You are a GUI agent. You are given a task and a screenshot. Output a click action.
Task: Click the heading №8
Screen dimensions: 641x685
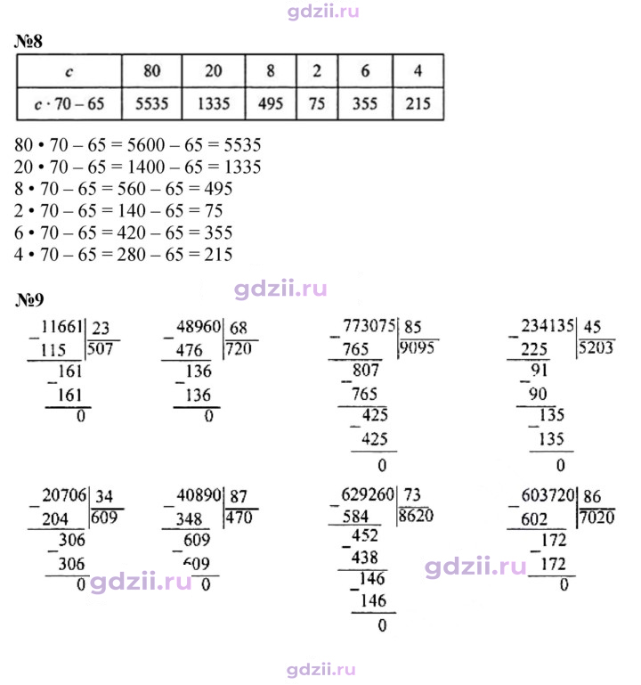(x=28, y=42)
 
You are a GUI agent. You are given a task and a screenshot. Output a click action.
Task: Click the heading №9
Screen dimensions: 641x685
(x=29, y=299)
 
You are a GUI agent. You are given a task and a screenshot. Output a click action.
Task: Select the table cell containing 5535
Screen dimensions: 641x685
(x=151, y=104)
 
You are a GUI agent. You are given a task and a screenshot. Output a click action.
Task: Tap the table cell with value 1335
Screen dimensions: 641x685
(x=214, y=104)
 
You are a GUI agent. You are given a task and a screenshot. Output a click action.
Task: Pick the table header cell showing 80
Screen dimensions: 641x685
(x=151, y=70)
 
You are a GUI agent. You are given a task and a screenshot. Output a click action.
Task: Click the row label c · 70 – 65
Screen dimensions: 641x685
(x=69, y=104)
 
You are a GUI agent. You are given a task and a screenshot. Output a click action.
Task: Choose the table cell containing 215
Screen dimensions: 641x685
(x=418, y=104)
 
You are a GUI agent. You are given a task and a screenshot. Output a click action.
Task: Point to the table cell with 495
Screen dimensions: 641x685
(x=271, y=104)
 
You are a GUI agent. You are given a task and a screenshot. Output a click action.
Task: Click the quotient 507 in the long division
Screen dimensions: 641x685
(x=100, y=349)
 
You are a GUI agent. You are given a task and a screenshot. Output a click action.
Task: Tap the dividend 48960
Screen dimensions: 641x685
(x=199, y=327)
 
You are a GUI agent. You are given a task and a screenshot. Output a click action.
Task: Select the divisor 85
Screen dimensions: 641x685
(x=412, y=327)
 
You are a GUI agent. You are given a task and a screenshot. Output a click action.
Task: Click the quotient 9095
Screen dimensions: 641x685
(x=418, y=347)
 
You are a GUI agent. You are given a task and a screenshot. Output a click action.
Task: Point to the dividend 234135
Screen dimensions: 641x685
(x=548, y=326)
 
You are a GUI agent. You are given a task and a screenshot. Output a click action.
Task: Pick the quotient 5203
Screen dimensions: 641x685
(x=596, y=347)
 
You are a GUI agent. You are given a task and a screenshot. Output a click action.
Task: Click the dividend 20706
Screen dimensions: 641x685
(x=64, y=495)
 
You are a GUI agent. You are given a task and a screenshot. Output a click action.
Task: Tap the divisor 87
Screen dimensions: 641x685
(x=239, y=496)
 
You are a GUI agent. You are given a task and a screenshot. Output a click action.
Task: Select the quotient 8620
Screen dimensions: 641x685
(x=416, y=516)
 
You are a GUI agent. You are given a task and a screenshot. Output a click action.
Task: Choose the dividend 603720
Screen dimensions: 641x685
(x=548, y=495)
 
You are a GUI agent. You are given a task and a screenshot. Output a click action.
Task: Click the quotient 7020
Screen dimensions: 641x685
(x=597, y=518)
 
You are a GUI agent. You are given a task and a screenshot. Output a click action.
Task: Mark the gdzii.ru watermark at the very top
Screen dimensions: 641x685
(x=323, y=11)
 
